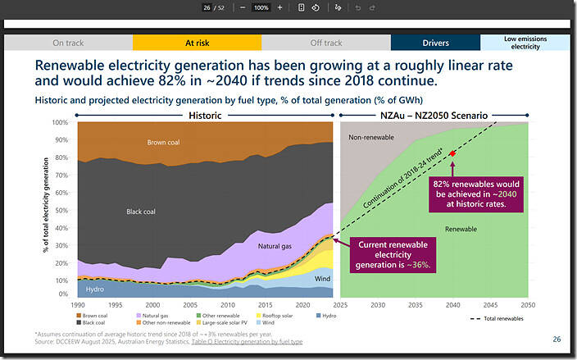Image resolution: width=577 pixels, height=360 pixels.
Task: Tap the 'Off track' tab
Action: [x=325, y=43]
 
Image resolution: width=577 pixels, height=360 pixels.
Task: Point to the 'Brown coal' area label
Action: [x=169, y=142]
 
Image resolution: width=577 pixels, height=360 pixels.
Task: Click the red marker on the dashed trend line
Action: [x=452, y=153]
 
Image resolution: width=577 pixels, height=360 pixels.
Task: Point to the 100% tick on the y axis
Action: [x=60, y=122]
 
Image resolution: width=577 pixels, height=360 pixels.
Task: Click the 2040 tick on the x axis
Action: [x=452, y=305]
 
